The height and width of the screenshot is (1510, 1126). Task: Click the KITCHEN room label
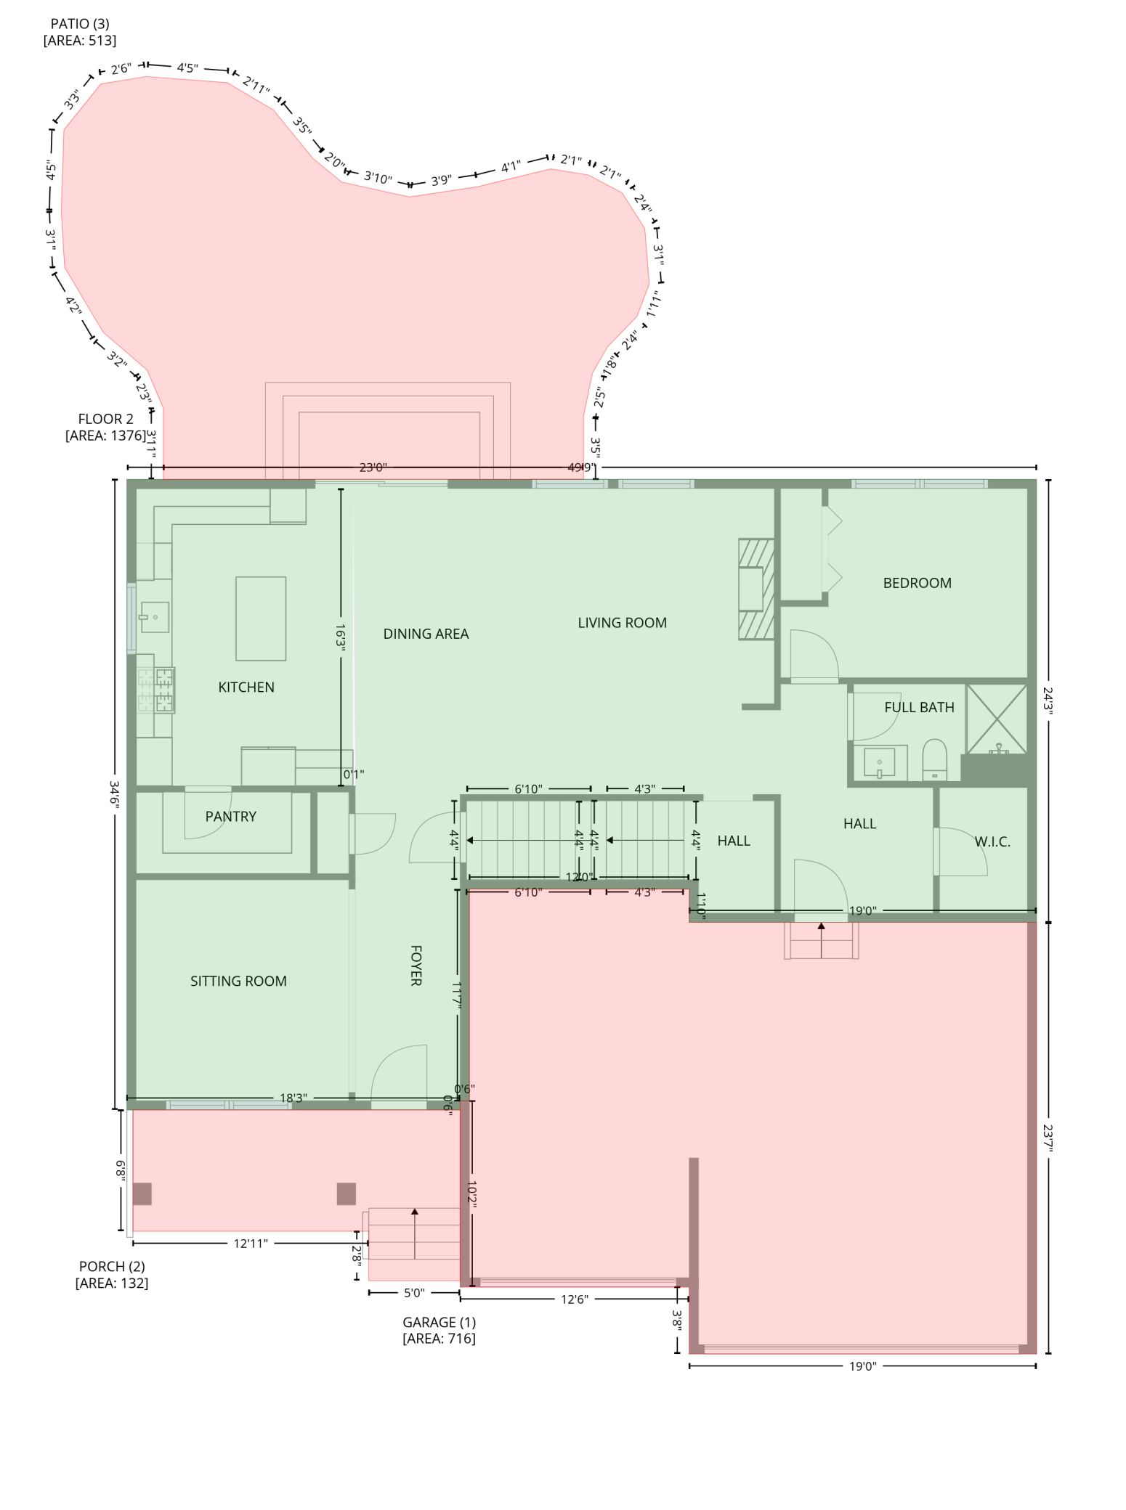(246, 687)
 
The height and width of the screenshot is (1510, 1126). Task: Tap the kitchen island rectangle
(261, 619)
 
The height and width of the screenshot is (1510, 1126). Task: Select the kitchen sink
(155, 617)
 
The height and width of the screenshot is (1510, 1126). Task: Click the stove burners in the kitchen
(157, 690)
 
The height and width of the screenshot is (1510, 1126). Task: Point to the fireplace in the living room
(755, 589)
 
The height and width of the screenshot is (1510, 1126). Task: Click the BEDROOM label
(917, 583)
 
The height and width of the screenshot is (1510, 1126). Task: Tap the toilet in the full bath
(934, 759)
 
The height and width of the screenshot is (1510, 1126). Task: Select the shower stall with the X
(997, 718)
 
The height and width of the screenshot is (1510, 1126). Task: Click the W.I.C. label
(992, 841)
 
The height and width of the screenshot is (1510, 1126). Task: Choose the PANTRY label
(230, 817)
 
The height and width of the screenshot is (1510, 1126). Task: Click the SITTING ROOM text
(238, 981)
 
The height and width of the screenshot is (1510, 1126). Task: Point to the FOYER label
(416, 966)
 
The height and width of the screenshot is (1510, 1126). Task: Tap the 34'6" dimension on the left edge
(114, 794)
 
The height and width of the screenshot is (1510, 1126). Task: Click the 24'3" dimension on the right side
(1048, 700)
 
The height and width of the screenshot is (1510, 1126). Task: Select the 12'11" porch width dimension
(251, 1244)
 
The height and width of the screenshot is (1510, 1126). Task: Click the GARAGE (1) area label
(439, 1322)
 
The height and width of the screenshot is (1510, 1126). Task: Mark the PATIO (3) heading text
(80, 24)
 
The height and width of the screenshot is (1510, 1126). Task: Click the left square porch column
(142, 1194)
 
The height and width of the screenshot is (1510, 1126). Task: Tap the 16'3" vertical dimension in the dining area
(340, 635)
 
